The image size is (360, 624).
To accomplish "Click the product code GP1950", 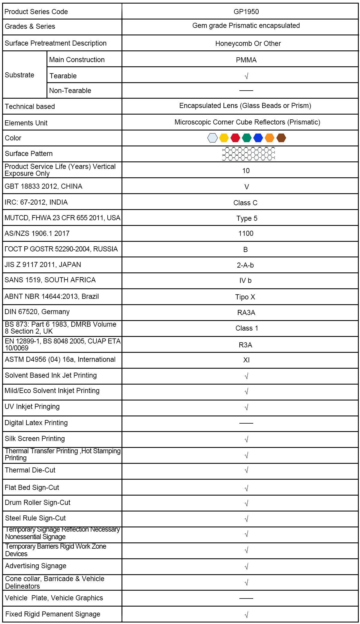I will coord(246,12).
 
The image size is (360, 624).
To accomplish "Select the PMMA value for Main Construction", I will coord(246,60).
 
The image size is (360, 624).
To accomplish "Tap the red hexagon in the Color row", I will coord(235,138).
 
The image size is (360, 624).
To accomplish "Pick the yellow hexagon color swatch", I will coord(224,138).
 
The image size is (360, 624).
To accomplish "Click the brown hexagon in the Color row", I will coord(281,138).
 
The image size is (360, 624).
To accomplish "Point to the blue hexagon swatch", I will coord(258,138).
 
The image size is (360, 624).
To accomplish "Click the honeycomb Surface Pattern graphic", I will coord(248,154).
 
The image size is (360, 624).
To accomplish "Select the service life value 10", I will coord(246,171).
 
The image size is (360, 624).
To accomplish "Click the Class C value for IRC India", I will coord(245,203).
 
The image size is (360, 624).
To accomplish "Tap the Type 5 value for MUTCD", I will coord(247,218).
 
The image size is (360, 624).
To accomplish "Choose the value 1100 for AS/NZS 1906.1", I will coord(246,233).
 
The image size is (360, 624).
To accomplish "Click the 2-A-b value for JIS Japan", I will coord(245,265).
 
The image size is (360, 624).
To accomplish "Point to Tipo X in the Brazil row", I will coord(245,297).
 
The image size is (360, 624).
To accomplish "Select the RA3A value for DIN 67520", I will coord(246,313).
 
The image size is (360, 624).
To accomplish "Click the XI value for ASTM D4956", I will coord(246,360).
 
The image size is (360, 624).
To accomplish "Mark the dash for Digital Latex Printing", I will coord(246,423).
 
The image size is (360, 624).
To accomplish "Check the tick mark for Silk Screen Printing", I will coord(246,439).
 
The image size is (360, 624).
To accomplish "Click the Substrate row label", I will coord(19,75).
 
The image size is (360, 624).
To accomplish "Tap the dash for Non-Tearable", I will coord(246,90).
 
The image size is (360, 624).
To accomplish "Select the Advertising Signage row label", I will coord(36,566).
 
